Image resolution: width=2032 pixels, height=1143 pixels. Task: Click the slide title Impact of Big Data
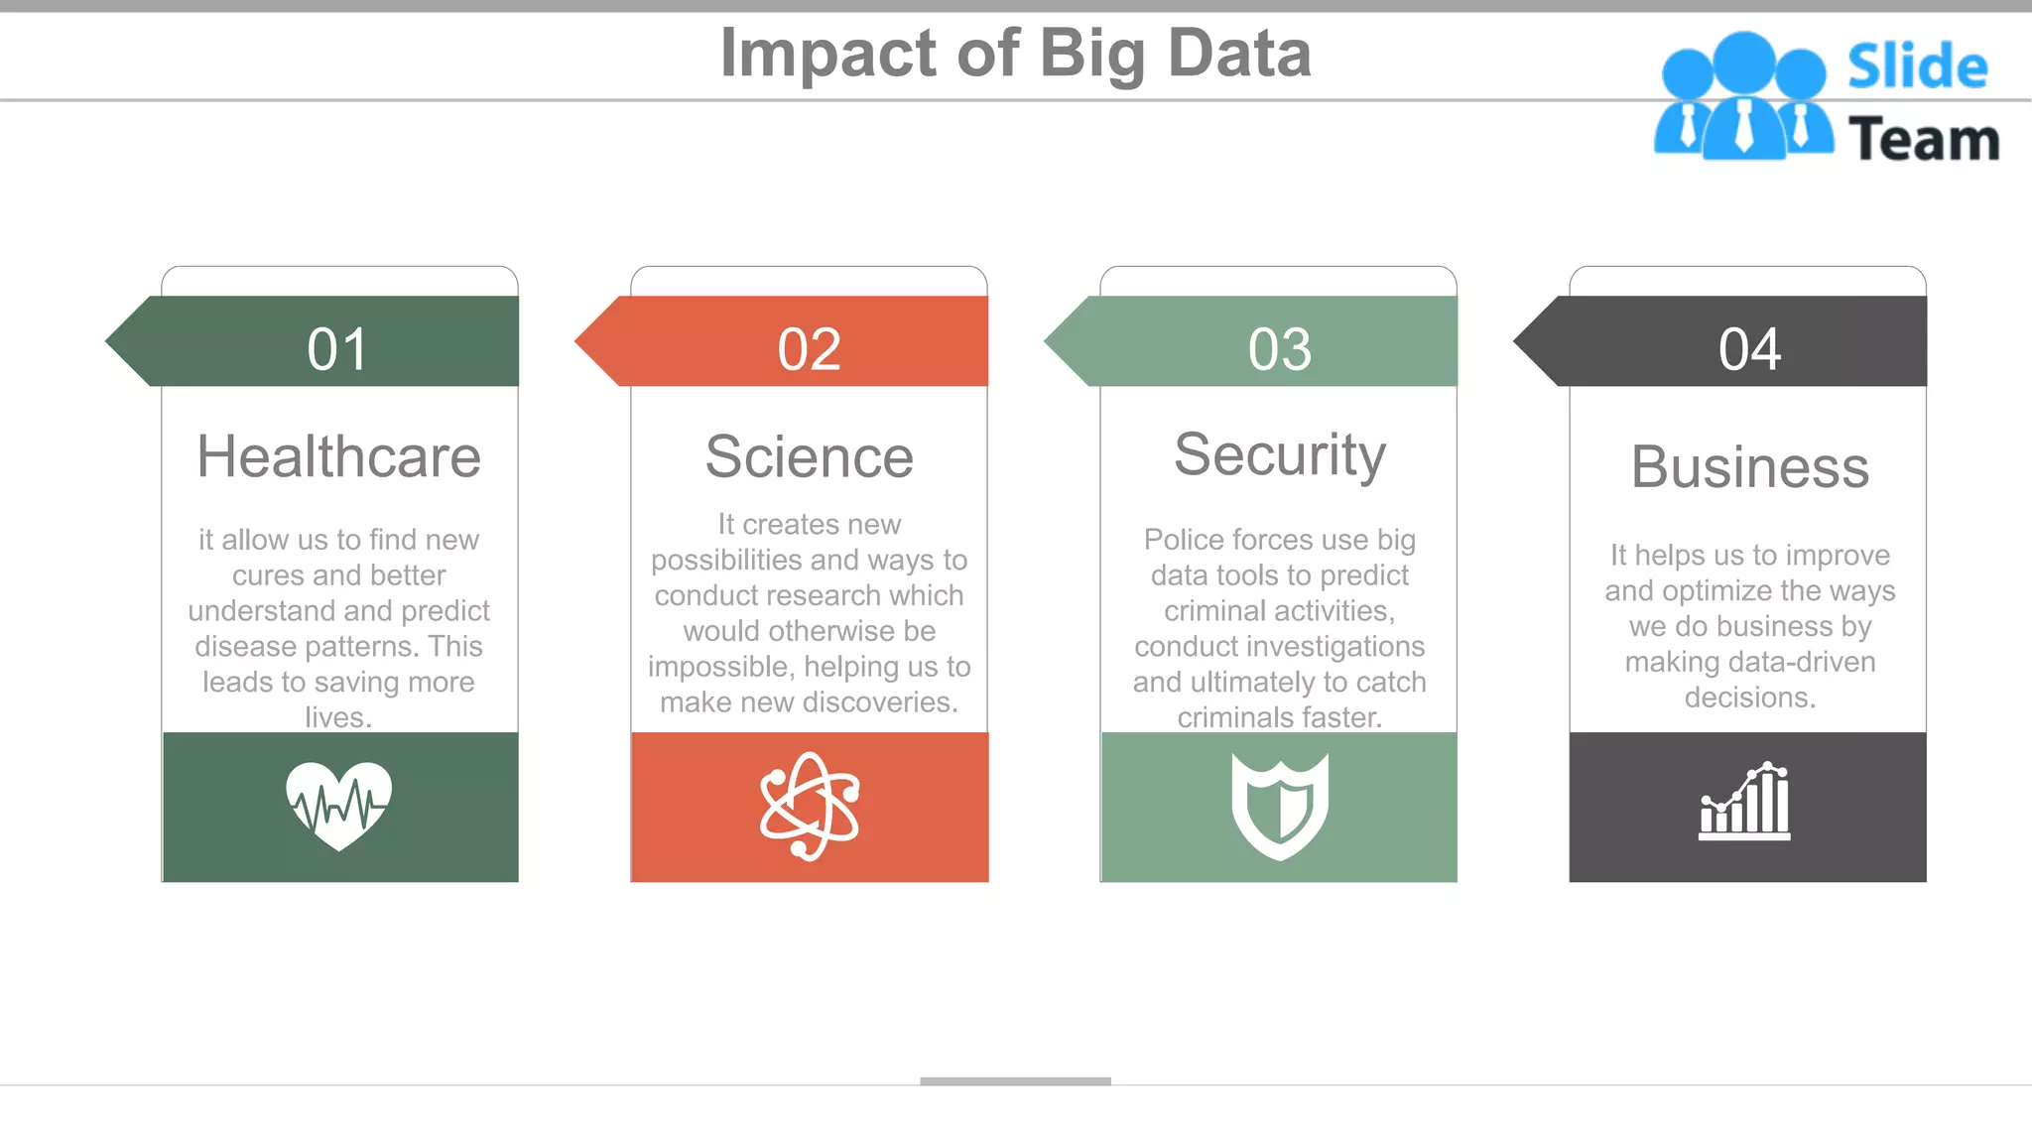(x=1015, y=54)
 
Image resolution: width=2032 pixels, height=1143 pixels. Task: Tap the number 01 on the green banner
(x=337, y=350)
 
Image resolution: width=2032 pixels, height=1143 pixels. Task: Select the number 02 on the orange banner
(x=809, y=350)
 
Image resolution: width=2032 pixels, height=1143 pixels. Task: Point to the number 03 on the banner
(x=1279, y=350)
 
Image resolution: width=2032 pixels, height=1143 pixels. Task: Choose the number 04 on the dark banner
(x=1749, y=350)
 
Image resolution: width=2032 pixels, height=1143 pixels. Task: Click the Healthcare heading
(x=338, y=457)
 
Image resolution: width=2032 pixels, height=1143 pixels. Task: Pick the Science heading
(x=809, y=457)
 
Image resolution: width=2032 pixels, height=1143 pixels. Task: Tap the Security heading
(x=1279, y=455)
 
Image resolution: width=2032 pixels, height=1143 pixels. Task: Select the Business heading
(x=1749, y=467)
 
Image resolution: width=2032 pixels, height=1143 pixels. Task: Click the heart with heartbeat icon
(x=338, y=805)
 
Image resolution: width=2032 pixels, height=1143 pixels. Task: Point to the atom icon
(x=809, y=806)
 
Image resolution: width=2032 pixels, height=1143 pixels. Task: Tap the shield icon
(x=1279, y=806)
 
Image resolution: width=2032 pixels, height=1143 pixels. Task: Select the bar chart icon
(x=1744, y=803)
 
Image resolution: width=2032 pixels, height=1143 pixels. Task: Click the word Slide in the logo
(x=1917, y=67)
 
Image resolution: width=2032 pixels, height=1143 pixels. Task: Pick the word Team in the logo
(x=1923, y=139)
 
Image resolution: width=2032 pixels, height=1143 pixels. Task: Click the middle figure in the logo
(x=1743, y=95)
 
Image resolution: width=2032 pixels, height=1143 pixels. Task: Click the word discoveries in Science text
(x=873, y=702)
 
